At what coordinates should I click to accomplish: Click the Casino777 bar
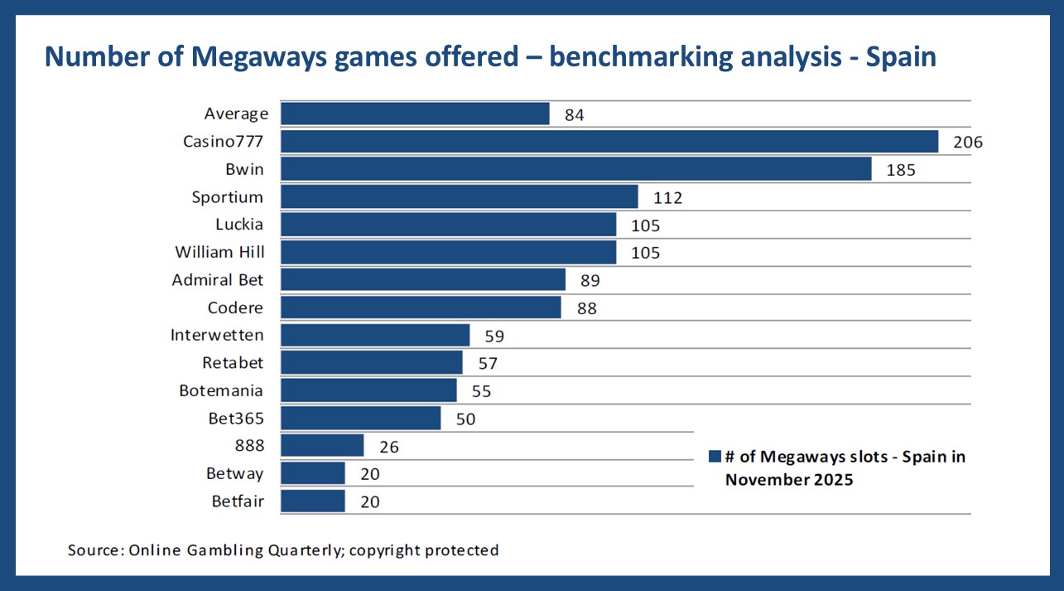pos(609,142)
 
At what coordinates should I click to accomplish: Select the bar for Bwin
pos(576,169)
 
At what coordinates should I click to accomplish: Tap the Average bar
pos(415,114)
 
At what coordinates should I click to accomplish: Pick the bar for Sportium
pos(460,197)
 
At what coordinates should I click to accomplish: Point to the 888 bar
pos(322,446)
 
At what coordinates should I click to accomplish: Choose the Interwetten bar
pos(375,336)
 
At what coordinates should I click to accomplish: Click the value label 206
pos(967,143)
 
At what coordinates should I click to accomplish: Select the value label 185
pos(901,170)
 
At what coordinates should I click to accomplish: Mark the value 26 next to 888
pos(388,447)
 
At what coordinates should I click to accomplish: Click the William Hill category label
pos(219,252)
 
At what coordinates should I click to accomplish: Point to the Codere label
pos(235,308)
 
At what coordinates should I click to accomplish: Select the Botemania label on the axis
pos(221,390)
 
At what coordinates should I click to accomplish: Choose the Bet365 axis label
pos(236,418)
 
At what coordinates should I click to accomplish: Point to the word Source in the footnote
pos(96,550)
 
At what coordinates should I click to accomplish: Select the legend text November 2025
pos(788,479)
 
